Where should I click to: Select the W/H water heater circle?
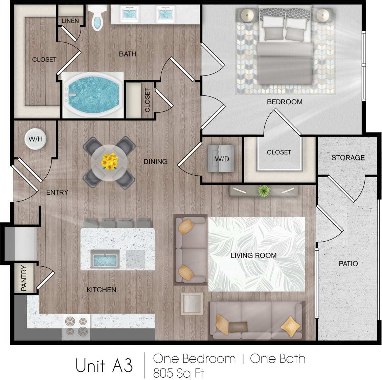[35, 139]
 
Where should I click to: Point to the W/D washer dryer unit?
[222, 158]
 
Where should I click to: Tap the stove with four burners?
[76, 327]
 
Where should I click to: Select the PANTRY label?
[24, 278]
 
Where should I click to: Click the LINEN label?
[70, 21]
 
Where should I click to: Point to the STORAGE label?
[348, 158]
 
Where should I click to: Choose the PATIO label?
[348, 263]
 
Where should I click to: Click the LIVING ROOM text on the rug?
[253, 255]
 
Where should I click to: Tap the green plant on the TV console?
[263, 191]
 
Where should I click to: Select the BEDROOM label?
[285, 102]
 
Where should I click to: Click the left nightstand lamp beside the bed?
[247, 15]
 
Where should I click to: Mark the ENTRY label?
[57, 192]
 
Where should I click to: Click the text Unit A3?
[104, 365]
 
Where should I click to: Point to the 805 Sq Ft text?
[179, 373]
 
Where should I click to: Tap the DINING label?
[155, 162]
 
